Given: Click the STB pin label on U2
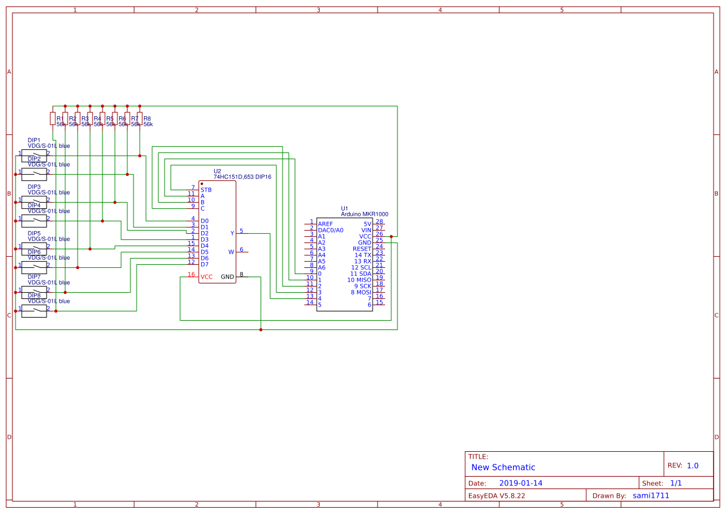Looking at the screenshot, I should [206, 190].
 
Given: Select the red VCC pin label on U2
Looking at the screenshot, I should [206, 277].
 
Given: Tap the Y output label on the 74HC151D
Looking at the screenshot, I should [232, 233].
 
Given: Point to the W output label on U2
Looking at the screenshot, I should [231, 252].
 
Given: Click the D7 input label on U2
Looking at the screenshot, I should [204, 264].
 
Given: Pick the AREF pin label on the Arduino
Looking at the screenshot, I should [325, 224].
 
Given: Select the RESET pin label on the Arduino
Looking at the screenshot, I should [361, 249].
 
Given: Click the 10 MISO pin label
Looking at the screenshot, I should [359, 280].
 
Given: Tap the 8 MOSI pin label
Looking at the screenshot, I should [361, 292].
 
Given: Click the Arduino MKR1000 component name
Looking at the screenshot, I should [365, 214].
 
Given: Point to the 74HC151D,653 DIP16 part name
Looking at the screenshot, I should [242, 177].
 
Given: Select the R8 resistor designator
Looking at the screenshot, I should [147, 118].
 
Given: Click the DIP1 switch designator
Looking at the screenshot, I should [34, 140].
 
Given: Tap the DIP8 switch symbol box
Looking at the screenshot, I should [34, 311].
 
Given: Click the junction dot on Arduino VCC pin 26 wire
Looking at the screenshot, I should [391, 236].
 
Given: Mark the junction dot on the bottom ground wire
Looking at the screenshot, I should [260, 329].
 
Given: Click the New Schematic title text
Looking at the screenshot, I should [503, 467].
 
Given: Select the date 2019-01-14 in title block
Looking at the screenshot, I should [520, 483].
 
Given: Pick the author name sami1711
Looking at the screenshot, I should [651, 495].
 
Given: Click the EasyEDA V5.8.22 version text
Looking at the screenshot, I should [496, 495].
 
